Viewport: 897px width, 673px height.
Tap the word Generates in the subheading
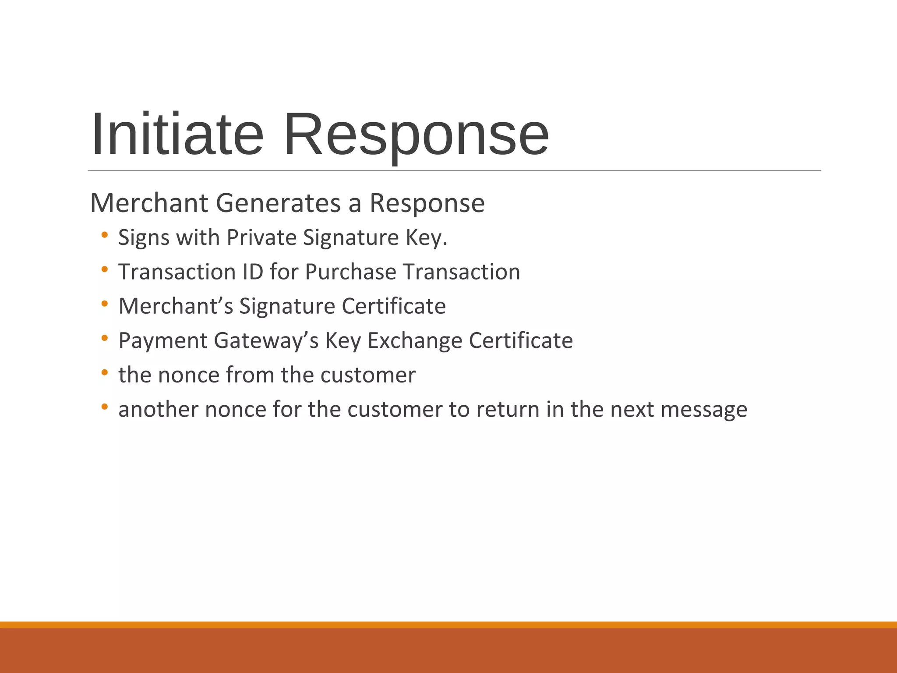278,203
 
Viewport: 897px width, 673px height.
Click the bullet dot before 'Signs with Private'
104,235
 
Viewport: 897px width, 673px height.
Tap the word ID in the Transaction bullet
252,272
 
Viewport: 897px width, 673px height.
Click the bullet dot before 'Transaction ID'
104,269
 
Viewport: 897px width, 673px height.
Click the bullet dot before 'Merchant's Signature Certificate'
104,304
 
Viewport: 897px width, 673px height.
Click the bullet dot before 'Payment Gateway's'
104,338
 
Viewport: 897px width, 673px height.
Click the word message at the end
704,410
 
